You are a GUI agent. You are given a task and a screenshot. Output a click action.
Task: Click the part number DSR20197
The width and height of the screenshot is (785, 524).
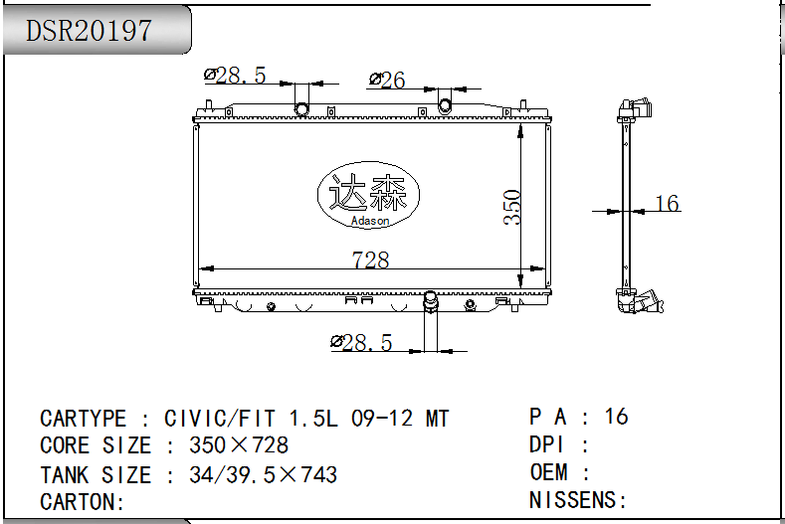[89, 31]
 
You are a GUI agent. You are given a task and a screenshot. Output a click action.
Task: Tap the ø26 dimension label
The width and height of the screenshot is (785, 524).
[387, 80]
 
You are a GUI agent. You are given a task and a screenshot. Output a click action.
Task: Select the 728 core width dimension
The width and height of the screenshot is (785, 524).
[370, 260]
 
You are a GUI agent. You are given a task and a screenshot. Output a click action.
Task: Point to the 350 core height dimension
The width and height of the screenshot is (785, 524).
[512, 207]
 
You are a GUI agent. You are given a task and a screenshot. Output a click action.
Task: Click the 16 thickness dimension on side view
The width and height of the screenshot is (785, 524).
[668, 203]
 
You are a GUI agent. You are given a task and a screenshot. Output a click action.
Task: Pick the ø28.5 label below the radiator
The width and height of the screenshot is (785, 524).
[361, 343]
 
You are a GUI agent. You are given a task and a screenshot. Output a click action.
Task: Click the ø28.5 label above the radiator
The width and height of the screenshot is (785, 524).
[235, 76]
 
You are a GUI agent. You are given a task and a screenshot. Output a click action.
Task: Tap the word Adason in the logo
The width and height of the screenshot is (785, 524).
[370, 221]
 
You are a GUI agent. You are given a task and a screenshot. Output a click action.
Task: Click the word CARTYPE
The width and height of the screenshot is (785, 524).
[84, 419]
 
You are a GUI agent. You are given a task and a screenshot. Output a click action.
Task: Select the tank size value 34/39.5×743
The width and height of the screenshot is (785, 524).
[264, 474]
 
